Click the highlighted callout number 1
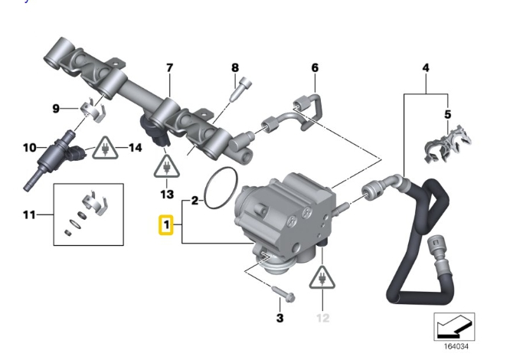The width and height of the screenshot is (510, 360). coord(166,224)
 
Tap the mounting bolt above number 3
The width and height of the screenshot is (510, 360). coord(283,293)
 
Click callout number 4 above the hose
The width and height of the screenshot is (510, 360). coord(426,68)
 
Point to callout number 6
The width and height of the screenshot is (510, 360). coord(315,67)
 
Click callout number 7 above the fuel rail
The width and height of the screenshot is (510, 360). coord(169,68)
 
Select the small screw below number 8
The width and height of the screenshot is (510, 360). coord(240,89)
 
